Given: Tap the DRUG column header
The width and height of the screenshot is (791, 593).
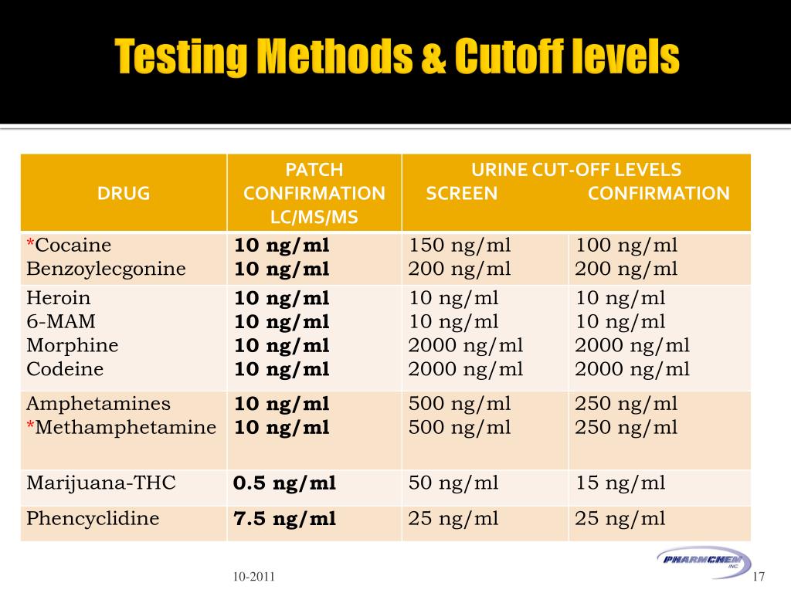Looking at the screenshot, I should (x=124, y=193).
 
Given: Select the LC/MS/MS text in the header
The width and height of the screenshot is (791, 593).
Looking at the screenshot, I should (x=314, y=217).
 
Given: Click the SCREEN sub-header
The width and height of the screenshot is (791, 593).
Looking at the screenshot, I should (x=462, y=193).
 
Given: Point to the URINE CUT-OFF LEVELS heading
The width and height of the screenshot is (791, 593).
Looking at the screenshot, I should (x=576, y=170).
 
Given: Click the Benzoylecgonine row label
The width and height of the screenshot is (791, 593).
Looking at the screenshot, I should (x=106, y=269).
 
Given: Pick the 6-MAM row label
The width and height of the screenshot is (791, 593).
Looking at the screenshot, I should (x=61, y=322).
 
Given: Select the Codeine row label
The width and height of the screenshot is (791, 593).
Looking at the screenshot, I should (x=65, y=369).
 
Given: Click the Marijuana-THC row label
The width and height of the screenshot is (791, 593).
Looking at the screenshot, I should (x=101, y=483).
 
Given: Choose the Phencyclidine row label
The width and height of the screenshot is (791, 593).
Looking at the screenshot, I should (x=93, y=519).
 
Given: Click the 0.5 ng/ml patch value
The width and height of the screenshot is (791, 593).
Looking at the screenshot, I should (x=284, y=484).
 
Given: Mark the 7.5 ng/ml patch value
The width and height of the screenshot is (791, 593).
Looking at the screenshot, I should (x=284, y=519).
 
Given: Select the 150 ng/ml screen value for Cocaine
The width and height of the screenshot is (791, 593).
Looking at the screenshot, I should (x=460, y=246).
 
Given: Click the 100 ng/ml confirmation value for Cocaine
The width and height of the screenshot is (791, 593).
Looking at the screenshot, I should (x=626, y=246).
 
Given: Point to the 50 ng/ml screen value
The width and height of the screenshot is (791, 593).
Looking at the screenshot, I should (x=453, y=483).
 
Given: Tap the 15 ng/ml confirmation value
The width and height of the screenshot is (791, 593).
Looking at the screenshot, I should (x=620, y=483).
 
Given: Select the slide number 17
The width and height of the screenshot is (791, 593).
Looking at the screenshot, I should (x=758, y=577).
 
